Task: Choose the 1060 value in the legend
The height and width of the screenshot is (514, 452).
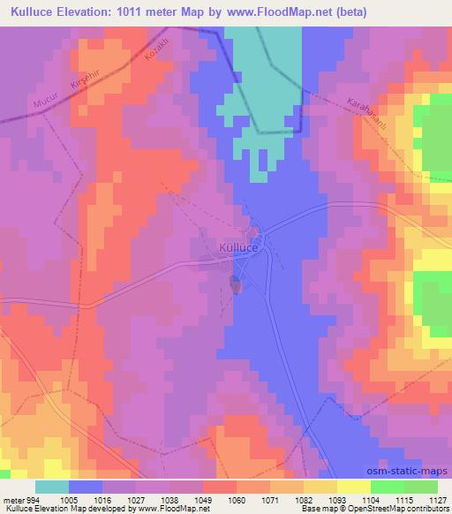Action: coord(237,498)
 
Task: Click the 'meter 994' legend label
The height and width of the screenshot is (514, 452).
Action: coord(20,498)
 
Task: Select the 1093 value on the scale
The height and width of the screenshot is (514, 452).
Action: coord(337,498)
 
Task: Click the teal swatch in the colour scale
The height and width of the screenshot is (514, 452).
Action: coord(52,487)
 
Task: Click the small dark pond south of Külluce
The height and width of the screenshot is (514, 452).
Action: coord(236,284)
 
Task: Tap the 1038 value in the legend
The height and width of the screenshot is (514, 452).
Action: coord(169,498)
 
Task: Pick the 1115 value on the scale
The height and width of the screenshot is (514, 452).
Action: coord(404,498)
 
